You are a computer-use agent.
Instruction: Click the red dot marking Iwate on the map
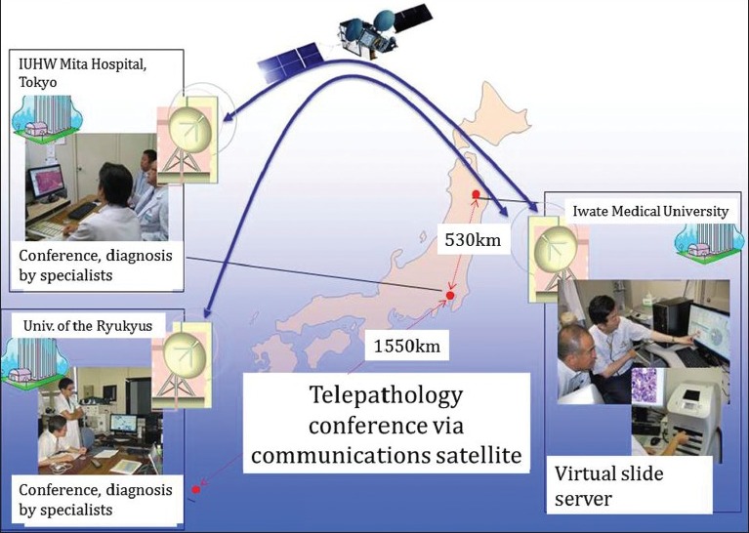[476, 194]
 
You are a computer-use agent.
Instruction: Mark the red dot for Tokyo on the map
[450, 295]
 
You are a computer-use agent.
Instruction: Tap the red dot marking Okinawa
[196, 488]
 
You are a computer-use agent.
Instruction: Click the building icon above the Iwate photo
[702, 238]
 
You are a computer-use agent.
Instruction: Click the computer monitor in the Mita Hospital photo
[47, 180]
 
